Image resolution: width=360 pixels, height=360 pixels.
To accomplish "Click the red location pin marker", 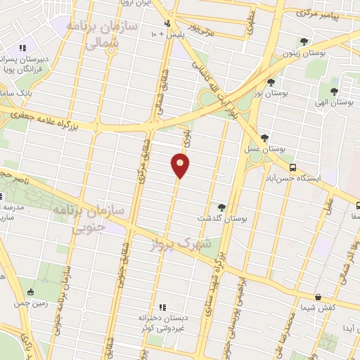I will tap(180, 166).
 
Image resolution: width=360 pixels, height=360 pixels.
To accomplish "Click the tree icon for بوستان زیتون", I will tap(303, 41).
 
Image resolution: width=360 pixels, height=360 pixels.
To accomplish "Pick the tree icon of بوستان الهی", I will tap(334, 91).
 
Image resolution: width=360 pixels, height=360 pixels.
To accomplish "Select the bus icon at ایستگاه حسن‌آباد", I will tap(292, 167).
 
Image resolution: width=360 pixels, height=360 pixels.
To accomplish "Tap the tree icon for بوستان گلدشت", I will tap(222, 207).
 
